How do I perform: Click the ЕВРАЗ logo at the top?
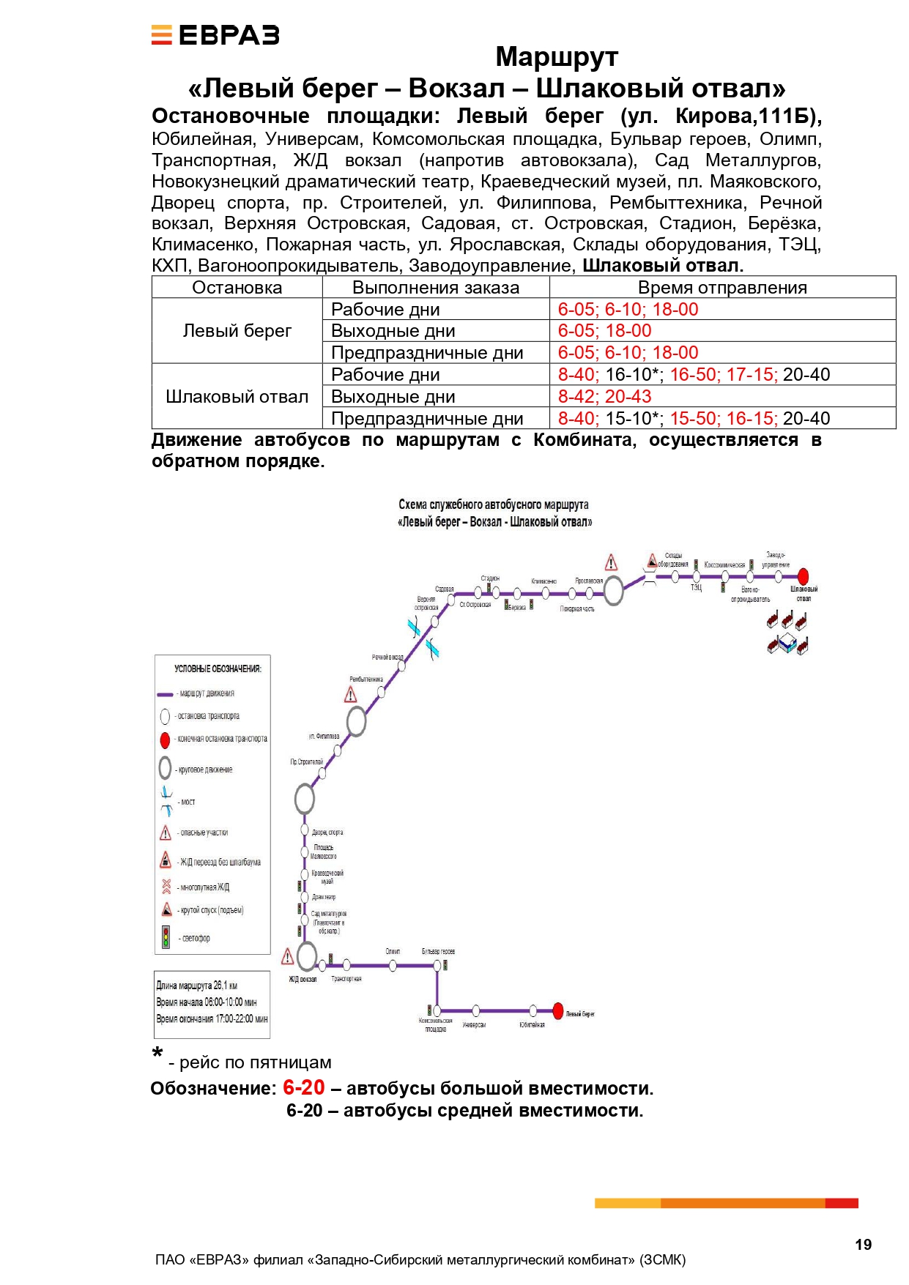click(x=215, y=35)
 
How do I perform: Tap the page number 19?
click(x=863, y=1244)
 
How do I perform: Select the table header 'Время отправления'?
click(x=721, y=288)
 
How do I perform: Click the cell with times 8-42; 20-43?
click(x=604, y=396)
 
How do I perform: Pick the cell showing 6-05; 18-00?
click(x=604, y=331)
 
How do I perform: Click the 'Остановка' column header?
click(x=237, y=288)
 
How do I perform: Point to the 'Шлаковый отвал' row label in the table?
click(x=237, y=396)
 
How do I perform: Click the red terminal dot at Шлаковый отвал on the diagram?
click(x=803, y=576)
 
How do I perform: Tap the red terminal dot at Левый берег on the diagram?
click(x=558, y=1011)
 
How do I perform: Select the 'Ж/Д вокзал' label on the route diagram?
click(x=303, y=979)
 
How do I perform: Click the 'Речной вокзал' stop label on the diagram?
click(x=387, y=658)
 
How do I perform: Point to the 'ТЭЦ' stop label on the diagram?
click(x=696, y=587)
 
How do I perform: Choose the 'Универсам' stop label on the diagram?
click(x=474, y=1025)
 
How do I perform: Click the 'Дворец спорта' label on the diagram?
click(x=327, y=833)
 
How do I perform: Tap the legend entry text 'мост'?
click(x=188, y=802)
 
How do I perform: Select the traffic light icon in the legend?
click(x=166, y=937)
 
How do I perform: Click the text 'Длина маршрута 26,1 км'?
click(x=197, y=986)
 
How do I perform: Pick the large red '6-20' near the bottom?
click(x=303, y=1088)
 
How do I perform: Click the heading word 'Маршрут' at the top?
click(x=557, y=56)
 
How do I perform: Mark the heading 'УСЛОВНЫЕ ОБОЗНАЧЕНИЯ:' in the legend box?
click(x=218, y=668)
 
